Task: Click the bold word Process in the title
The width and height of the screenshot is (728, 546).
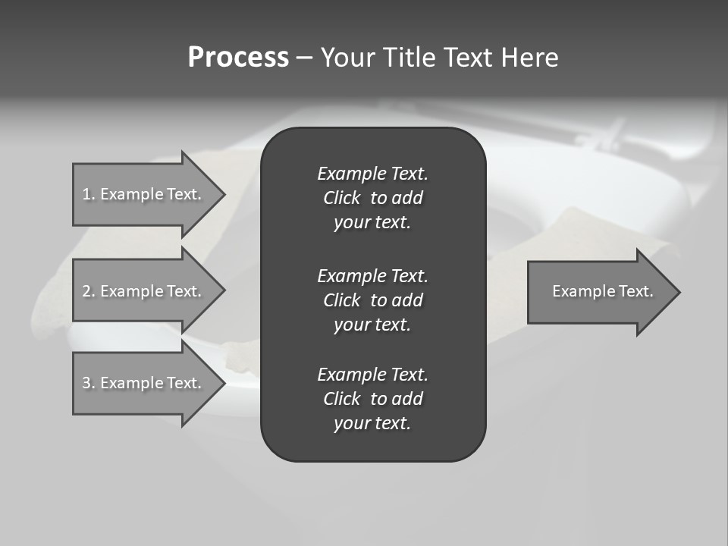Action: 238,58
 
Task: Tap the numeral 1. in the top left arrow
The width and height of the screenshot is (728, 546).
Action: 89,194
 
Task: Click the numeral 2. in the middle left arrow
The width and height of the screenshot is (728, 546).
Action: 89,291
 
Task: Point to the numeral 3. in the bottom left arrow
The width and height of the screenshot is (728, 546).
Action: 89,383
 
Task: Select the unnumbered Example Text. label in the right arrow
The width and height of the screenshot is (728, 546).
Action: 602,291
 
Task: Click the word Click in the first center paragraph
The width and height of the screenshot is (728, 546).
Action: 341,198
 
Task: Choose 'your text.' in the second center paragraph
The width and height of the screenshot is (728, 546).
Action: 372,325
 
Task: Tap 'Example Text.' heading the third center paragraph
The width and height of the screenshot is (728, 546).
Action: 372,375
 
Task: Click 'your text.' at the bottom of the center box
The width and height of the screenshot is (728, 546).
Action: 372,423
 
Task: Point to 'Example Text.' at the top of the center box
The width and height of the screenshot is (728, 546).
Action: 372,174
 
